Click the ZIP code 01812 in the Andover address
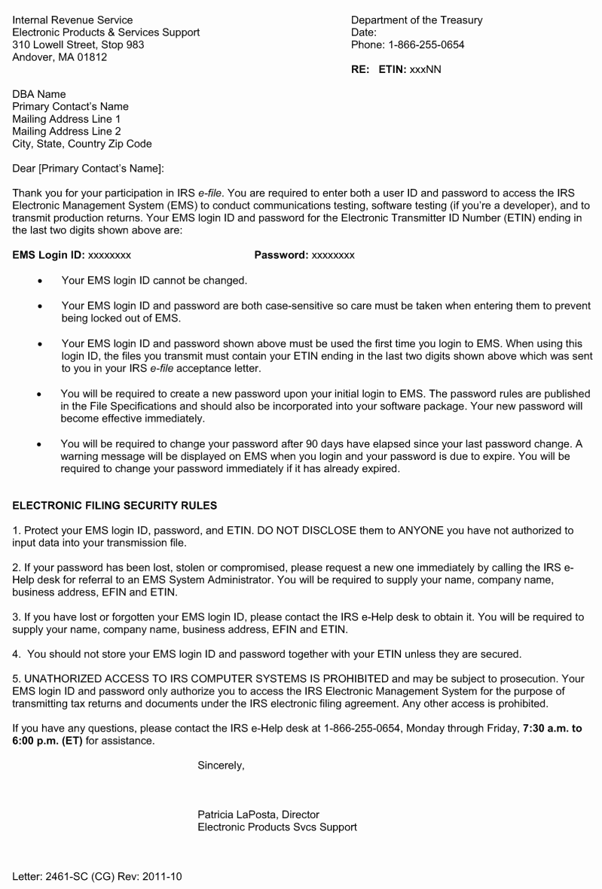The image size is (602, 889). [93, 57]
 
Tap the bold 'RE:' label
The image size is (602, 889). [362, 69]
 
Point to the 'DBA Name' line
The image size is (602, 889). [39, 94]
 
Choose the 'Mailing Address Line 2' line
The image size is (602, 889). [66, 131]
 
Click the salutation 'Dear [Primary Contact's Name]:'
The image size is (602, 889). [88, 168]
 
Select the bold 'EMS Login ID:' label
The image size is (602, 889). [48, 255]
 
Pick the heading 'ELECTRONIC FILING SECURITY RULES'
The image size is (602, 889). [115, 505]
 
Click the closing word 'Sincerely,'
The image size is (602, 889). [221, 766]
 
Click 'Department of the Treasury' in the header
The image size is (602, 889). [417, 20]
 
